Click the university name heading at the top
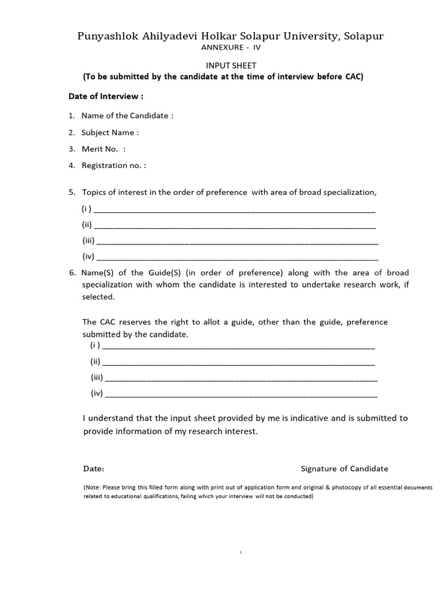pos(231,37)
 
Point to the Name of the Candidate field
pos(127,116)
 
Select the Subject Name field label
pos(110,132)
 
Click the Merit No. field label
pos(103,149)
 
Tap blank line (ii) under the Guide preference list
pos(239,363)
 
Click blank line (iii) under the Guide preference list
pos(242,379)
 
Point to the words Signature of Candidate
pos(344,469)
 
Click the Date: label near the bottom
pos(94,469)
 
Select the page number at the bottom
pos(241,552)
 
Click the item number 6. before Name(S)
pos(72,273)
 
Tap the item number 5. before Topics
pos(72,192)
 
